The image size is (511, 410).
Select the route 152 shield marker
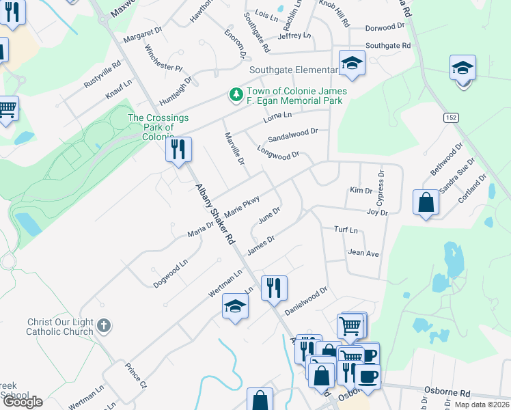(451, 118)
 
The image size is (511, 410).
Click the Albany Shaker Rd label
(215, 215)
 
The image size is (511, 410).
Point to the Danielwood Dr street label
(306, 301)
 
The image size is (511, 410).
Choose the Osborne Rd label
(447, 393)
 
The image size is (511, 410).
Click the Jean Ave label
(363, 253)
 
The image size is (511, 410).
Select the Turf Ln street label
(346, 231)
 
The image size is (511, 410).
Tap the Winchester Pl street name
(164, 59)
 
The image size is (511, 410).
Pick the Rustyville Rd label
(102, 74)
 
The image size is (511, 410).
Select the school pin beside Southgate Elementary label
(352, 64)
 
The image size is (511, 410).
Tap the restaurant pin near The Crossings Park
(178, 150)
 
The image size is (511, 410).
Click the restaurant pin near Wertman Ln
(274, 288)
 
